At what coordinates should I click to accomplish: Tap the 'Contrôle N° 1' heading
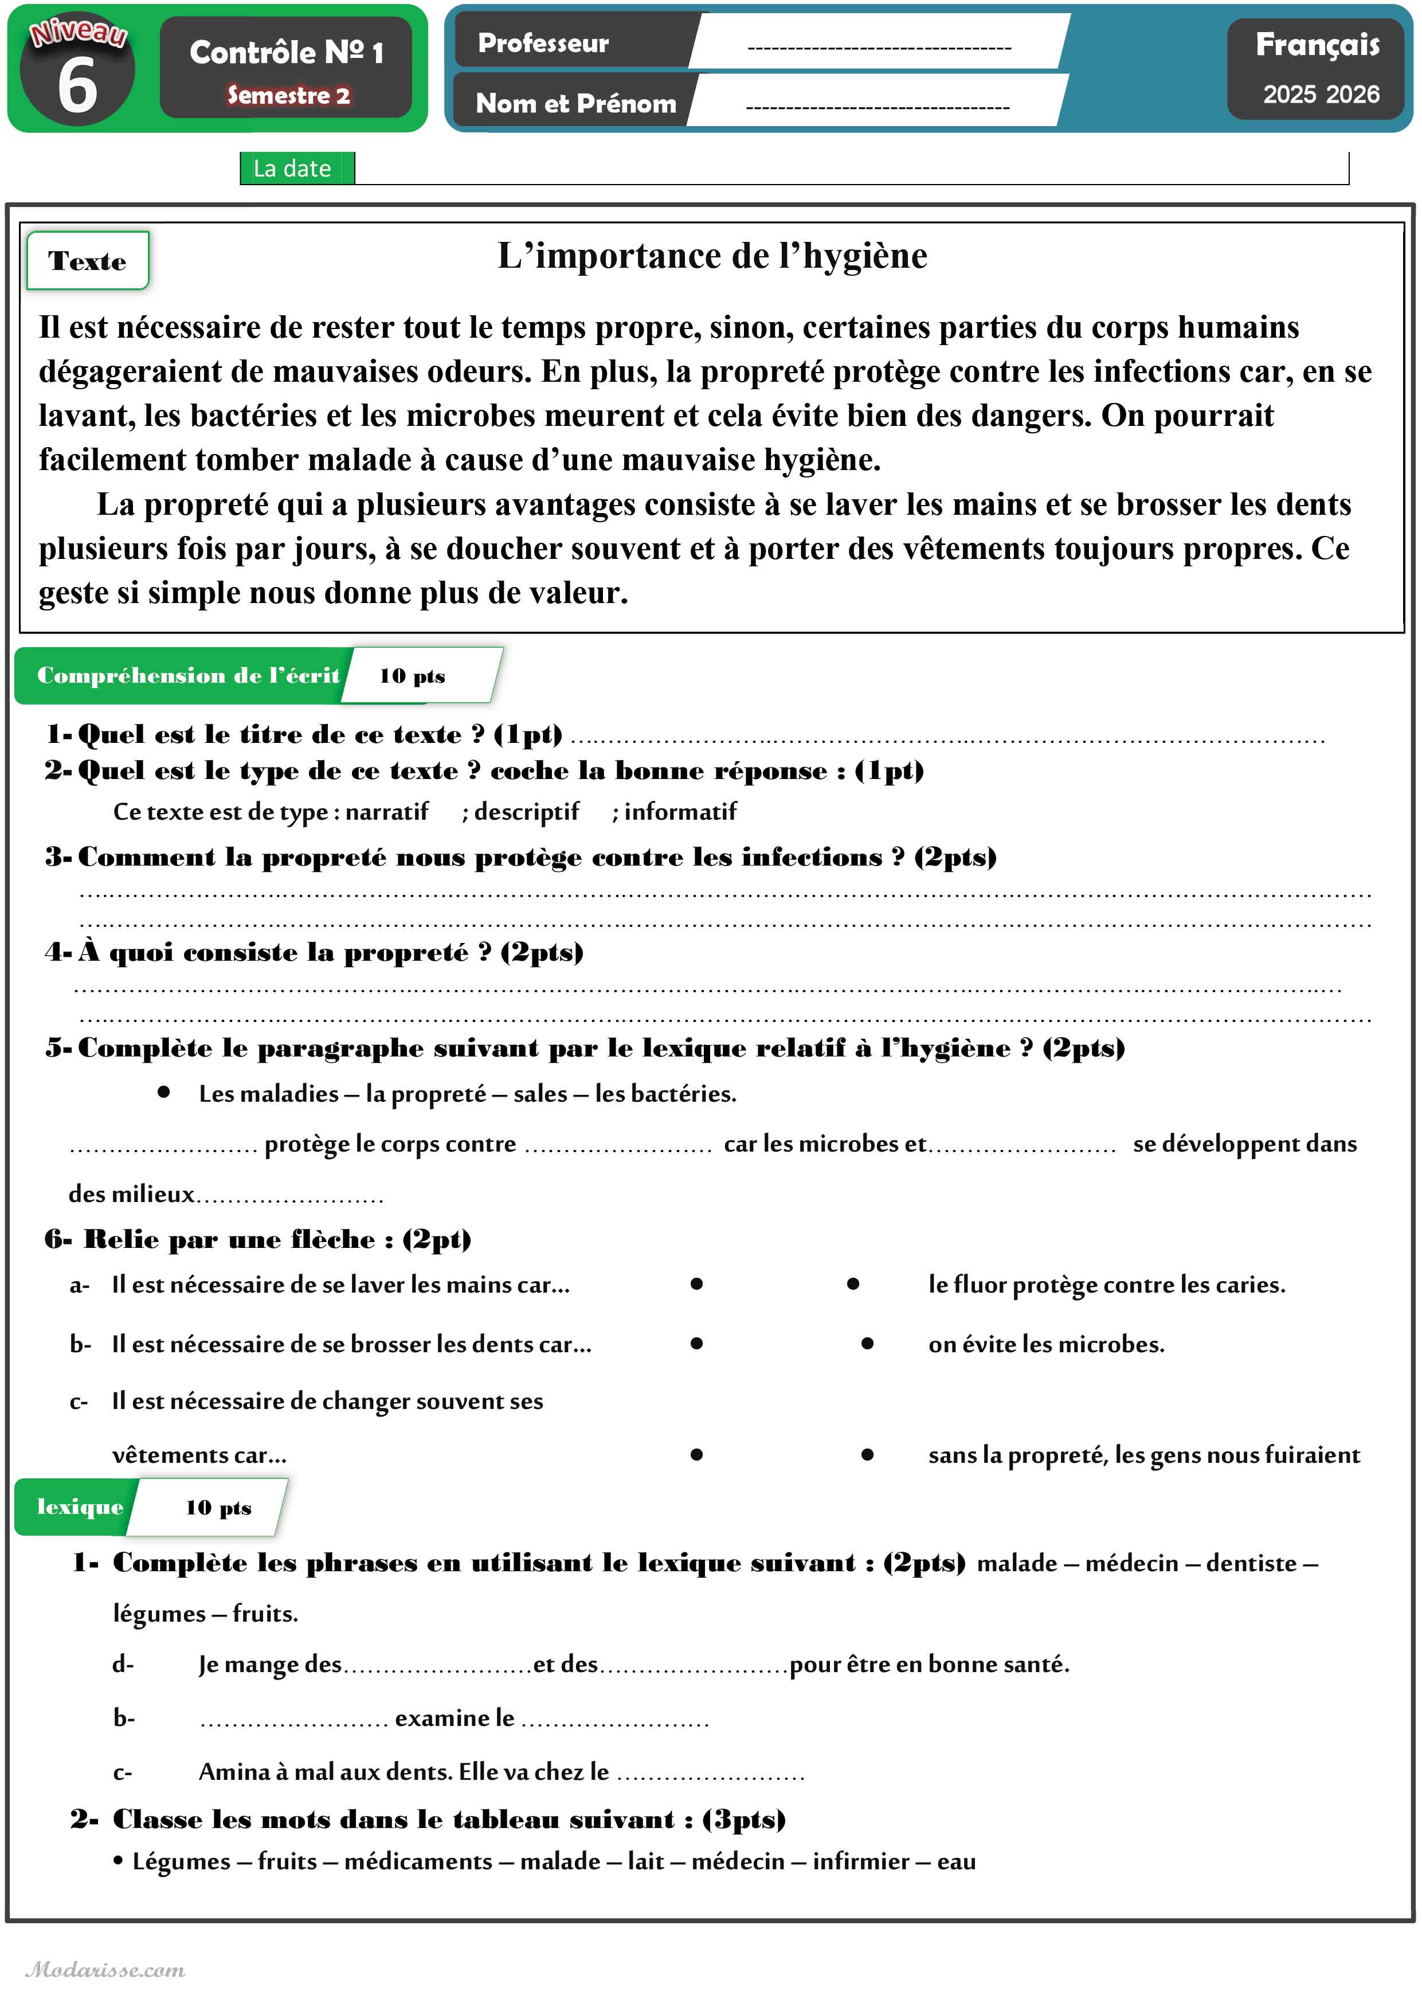tap(287, 53)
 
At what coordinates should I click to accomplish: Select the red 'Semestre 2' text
tap(288, 95)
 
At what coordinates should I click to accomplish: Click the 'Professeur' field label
tap(543, 43)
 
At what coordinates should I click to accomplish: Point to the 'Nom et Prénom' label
tap(575, 103)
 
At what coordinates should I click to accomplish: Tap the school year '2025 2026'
tap(1321, 93)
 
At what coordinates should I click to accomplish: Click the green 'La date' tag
tap(292, 168)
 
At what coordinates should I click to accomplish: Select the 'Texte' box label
tap(88, 261)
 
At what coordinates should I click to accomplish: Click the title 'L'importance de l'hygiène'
tap(712, 256)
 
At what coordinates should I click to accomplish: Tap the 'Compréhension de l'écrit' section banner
tap(187, 675)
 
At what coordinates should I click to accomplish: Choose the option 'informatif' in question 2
tap(680, 812)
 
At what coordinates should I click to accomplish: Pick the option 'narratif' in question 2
tap(387, 812)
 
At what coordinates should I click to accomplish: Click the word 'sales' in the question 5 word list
tap(540, 1094)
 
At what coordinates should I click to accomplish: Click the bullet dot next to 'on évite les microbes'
tap(867, 1343)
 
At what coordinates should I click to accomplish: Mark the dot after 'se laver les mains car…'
tap(696, 1284)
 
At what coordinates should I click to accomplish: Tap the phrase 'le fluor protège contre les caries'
tap(1107, 1285)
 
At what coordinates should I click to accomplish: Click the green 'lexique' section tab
tap(80, 1506)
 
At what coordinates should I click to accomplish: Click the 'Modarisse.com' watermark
tap(106, 1970)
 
